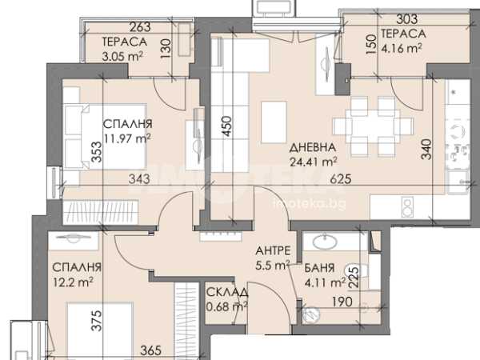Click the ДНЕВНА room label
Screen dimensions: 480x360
pyautogui.click(x=312, y=147)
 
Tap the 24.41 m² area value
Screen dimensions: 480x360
pyautogui.click(x=314, y=161)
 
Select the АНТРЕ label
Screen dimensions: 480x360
pyautogui.click(x=273, y=250)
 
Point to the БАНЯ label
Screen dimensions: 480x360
pyautogui.click(x=319, y=268)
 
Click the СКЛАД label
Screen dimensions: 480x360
pyautogui.click(x=227, y=292)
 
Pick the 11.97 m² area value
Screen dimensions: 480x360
pyautogui.click(x=127, y=138)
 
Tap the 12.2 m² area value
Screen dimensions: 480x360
pyautogui.click(x=73, y=282)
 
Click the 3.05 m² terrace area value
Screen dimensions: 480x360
pyautogui.click(x=122, y=56)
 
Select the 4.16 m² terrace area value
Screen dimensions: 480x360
pyautogui.click(x=402, y=48)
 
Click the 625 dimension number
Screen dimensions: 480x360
pyautogui.click(x=341, y=178)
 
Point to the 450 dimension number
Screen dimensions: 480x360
pyautogui.click(x=226, y=126)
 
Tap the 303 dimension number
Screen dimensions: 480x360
pyautogui.click(x=407, y=19)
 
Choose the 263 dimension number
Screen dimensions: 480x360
pyautogui.click(x=140, y=27)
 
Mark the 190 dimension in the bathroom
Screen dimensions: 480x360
pyautogui.click(x=342, y=302)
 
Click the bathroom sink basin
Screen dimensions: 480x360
pyautogui.click(x=325, y=242)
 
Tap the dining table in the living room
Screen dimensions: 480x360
pyautogui.click(x=373, y=126)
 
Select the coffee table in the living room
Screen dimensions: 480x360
pyautogui.click(x=274, y=122)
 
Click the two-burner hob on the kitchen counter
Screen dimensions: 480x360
pyautogui.click(x=407, y=207)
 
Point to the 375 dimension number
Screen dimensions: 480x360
pyautogui.click(x=97, y=321)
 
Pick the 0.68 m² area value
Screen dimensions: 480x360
pyautogui.click(x=227, y=306)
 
